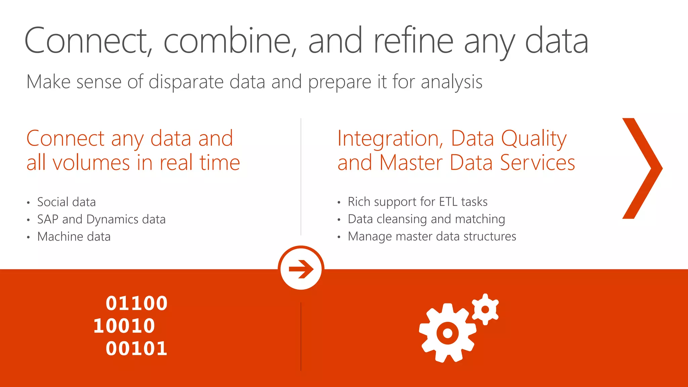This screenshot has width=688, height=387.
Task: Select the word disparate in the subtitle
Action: coord(186,82)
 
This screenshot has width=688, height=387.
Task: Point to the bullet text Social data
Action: coord(66,202)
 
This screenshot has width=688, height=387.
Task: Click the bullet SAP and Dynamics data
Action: coord(101,219)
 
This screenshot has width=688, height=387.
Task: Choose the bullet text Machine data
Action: coord(74,237)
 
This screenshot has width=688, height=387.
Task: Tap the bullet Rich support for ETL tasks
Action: coord(417,202)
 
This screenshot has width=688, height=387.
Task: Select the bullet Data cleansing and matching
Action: coord(426,219)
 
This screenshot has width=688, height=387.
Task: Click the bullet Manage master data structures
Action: coord(432,236)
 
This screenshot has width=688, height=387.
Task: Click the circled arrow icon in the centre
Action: coord(301,269)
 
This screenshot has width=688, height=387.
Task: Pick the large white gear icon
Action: coord(447,333)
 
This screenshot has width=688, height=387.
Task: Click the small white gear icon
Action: coord(485,309)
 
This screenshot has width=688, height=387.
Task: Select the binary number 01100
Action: coord(136,303)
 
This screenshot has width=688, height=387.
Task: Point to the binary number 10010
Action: coord(124,326)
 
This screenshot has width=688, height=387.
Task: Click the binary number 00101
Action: coord(136,348)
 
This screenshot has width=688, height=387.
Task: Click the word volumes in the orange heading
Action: coord(91,163)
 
